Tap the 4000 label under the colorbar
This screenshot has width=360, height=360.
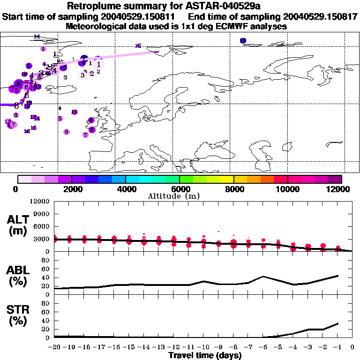coord(126,189)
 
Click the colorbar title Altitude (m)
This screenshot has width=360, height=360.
coord(180,195)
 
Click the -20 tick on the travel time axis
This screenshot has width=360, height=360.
coord(54,347)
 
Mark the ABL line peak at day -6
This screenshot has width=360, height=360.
coord(263,276)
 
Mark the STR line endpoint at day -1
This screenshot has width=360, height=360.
coord(338,323)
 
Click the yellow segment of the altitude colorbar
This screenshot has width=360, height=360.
coord(227,179)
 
